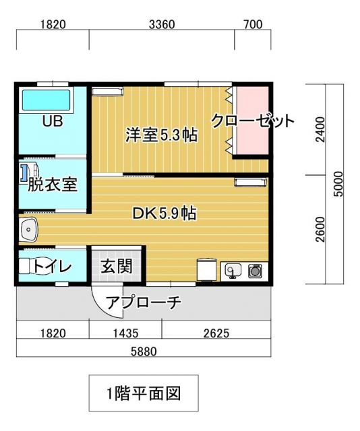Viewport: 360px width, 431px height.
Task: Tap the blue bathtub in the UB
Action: coord(51,101)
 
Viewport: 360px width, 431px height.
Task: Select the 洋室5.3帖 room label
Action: coord(161,135)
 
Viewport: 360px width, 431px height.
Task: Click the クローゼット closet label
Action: coord(253,121)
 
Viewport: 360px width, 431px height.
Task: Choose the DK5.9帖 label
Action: coord(164,214)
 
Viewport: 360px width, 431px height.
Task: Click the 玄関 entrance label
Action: coord(116,266)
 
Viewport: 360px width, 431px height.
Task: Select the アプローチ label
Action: coord(144,302)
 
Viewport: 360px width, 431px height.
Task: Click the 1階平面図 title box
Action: coord(144,393)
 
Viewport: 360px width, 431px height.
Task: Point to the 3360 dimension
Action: coord(162,26)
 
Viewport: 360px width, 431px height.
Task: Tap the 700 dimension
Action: coord(252,26)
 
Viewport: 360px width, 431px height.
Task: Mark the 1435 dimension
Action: coord(125,332)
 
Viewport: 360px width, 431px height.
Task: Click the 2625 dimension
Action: coord(216,332)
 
